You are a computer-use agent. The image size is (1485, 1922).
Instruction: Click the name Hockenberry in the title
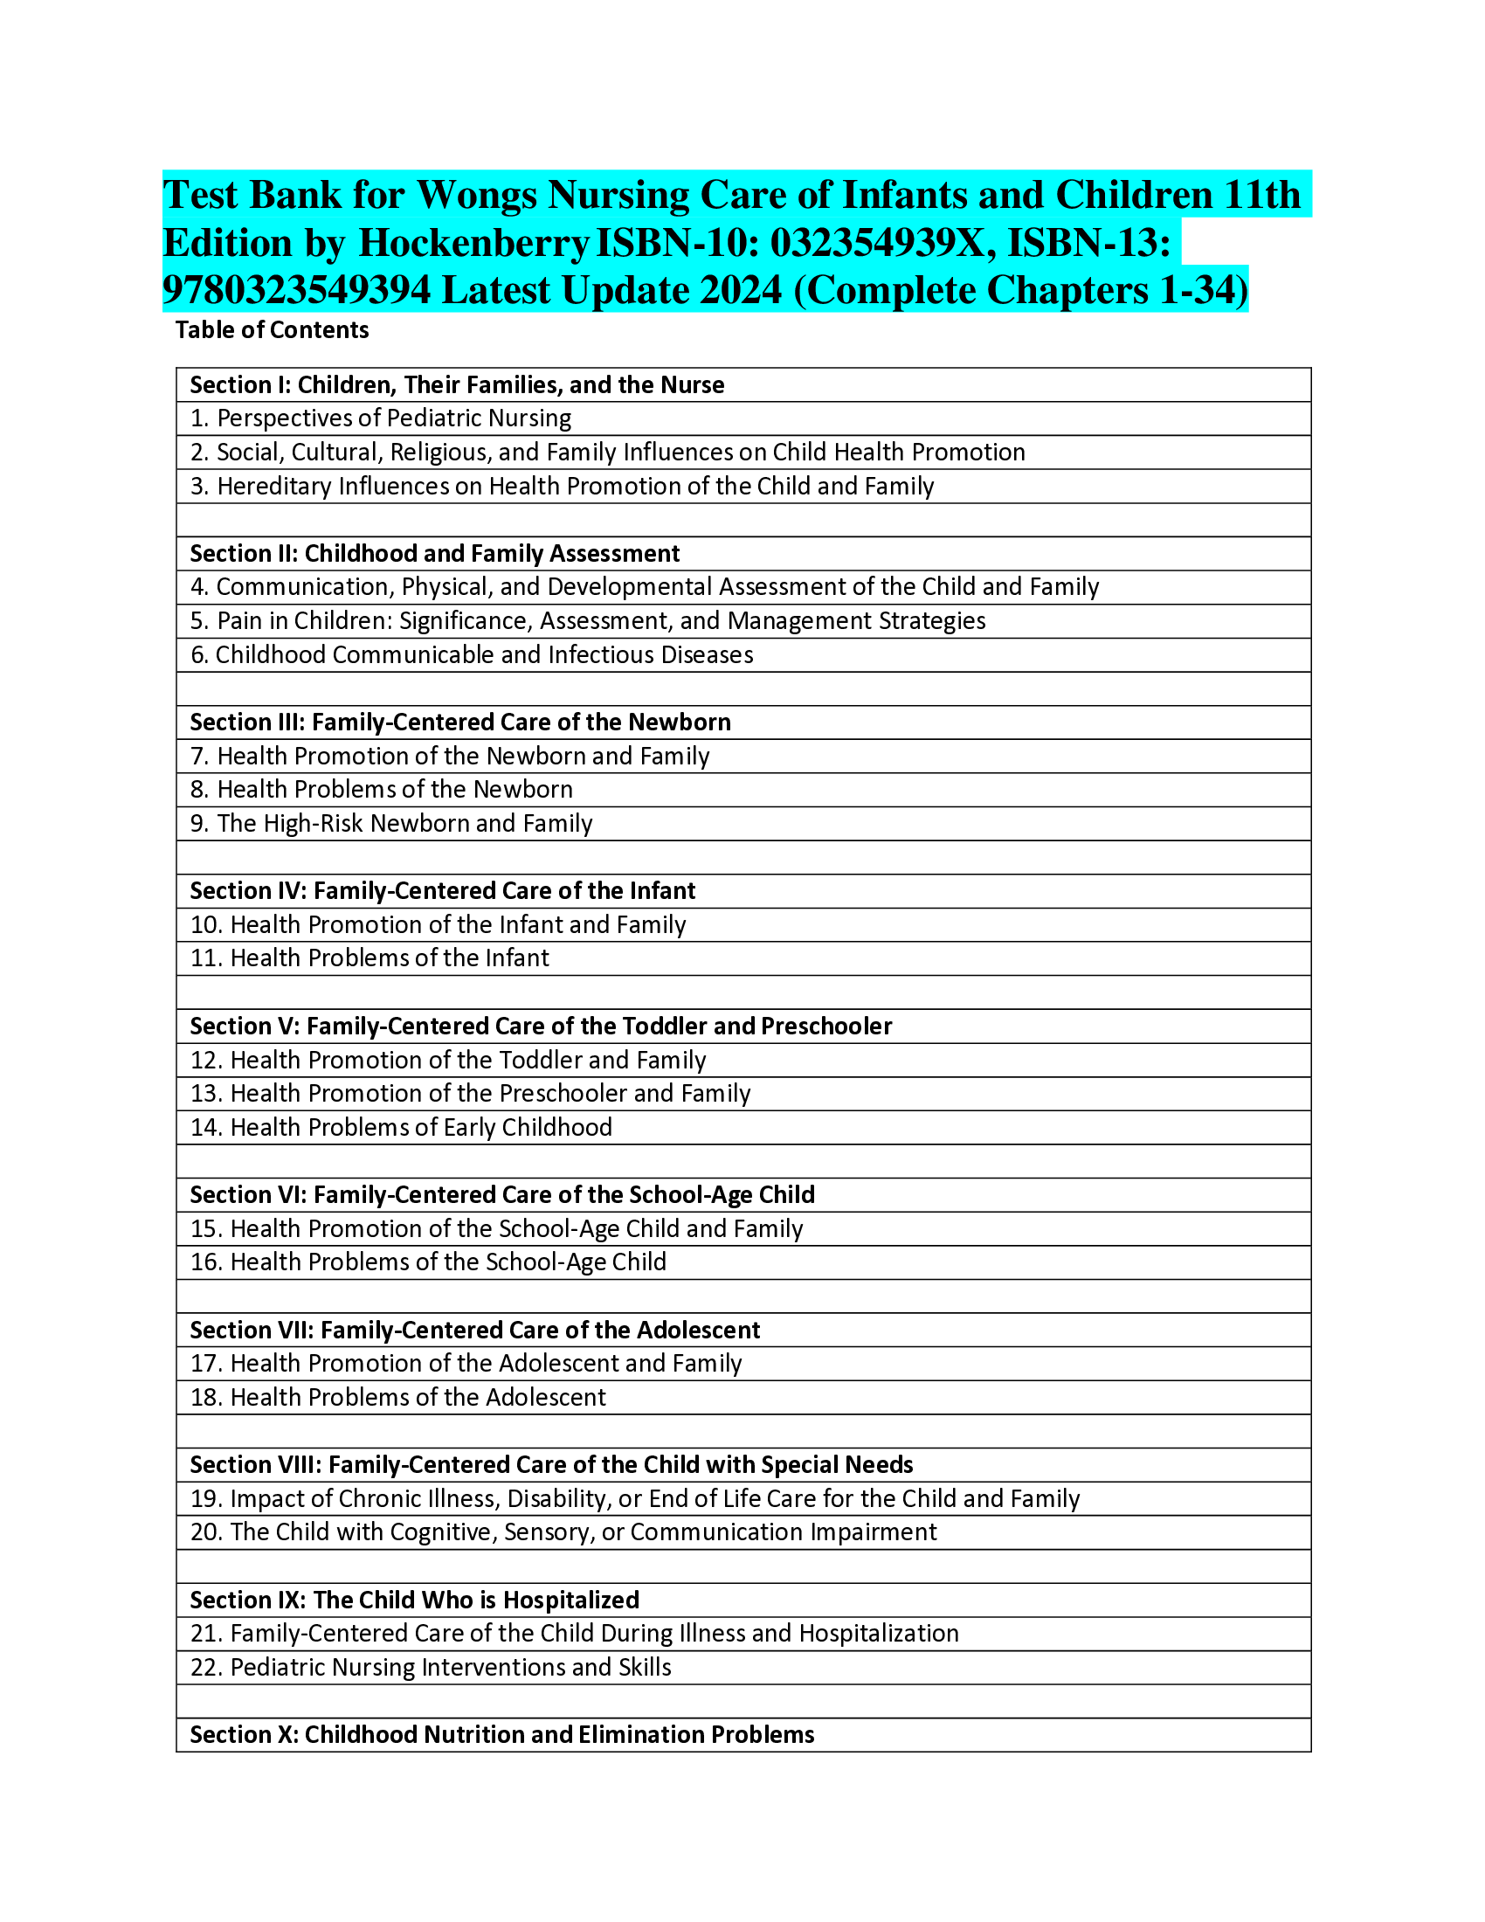pyautogui.click(x=473, y=244)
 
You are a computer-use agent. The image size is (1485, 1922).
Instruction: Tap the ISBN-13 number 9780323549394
pyautogui.click(x=297, y=291)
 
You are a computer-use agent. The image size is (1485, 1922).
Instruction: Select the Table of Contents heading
pyautogui.click(x=272, y=330)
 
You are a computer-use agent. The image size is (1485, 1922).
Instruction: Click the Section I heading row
pyautogui.click(x=457, y=385)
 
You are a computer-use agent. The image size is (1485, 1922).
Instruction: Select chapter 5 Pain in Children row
pyautogui.click(x=587, y=621)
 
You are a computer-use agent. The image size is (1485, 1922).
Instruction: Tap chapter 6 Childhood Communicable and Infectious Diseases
pyautogui.click(x=472, y=655)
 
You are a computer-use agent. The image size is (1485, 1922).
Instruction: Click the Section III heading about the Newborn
pyautogui.click(x=460, y=722)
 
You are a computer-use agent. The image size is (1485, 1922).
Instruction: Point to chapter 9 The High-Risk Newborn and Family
pyautogui.click(x=391, y=824)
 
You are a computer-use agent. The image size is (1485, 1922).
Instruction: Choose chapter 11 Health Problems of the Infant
pyautogui.click(x=370, y=958)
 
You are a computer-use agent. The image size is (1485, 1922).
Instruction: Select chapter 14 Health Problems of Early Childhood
pyautogui.click(x=401, y=1128)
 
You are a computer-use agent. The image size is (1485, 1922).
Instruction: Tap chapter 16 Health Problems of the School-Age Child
pyautogui.click(x=428, y=1263)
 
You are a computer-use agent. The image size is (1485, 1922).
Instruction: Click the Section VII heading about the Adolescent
pyautogui.click(x=475, y=1331)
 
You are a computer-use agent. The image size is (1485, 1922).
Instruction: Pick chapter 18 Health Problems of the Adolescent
pyautogui.click(x=397, y=1399)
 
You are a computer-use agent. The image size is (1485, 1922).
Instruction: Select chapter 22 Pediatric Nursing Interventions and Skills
pyautogui.click(x=431, y=1669)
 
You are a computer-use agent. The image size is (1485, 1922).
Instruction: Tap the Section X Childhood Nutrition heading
pyautogui.click(x=501, y=1735)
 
